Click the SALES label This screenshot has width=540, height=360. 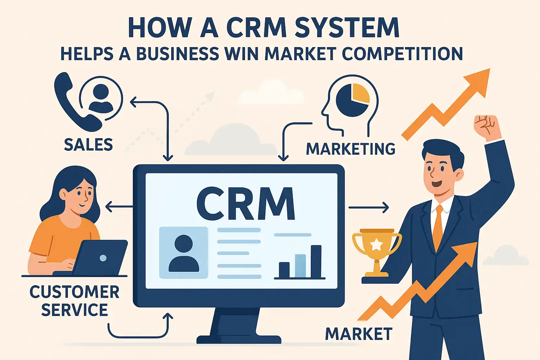coord(88,145)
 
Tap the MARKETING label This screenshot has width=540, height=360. coord(351,149)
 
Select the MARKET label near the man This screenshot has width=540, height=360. coord(359,334)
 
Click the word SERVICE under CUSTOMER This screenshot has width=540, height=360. coord(75,310)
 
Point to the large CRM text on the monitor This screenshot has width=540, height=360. coord(245,204)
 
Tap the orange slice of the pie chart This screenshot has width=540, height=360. coord(360,92)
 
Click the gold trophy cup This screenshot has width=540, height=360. coord(377,246)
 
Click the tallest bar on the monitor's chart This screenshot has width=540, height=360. coord(316,262)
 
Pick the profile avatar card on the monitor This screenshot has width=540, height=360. coord(184,252)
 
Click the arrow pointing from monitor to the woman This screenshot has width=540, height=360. coord(118,207)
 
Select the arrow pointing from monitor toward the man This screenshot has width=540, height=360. coord(368,207)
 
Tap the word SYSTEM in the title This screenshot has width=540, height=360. coord(347,27)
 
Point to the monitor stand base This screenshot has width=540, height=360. coord(239,339)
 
